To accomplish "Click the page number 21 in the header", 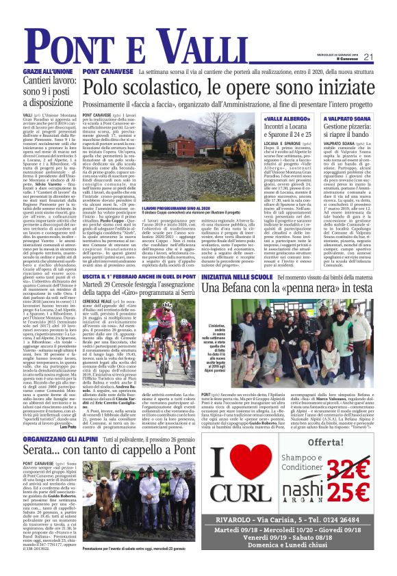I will pyautogui.click(x=368, y=57).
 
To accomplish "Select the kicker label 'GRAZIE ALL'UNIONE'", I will pyautogui.click(x=49, y=71).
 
